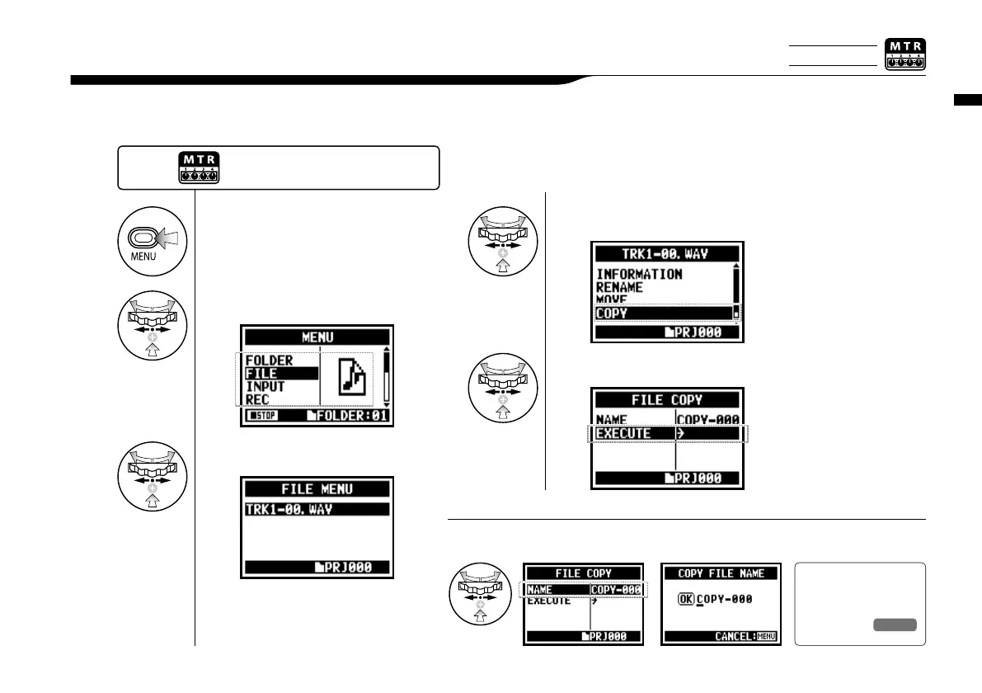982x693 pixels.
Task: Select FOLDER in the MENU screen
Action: (270, 361)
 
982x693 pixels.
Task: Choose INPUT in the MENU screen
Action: (265, 387)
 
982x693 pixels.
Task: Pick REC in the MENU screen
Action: (259, 400)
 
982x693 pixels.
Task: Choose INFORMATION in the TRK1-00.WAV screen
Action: (640, 274)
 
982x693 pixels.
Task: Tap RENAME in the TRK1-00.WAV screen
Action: (621, 288)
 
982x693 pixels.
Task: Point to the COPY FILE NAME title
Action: (721, 573)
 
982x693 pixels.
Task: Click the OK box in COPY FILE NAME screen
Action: (685, 600)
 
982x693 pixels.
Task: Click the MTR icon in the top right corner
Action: (904, 54)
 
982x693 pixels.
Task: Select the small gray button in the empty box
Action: (895, 625)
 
